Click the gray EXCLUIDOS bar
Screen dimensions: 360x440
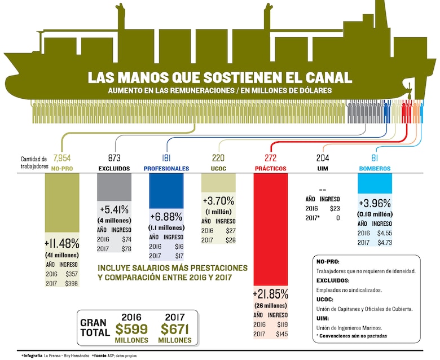[x=114, y=186]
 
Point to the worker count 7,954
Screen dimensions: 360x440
[x=62, y=159]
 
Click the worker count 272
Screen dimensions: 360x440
[x=271, y=159]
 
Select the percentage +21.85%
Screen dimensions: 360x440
[x=271, y=294]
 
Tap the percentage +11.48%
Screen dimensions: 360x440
[x=62, y=244]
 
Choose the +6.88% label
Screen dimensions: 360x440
[x=166, y=217]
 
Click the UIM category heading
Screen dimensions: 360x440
[x=323, y=169]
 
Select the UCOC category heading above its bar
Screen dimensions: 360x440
[x=218, y=169]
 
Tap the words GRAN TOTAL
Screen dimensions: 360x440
[x=94, y=327]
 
